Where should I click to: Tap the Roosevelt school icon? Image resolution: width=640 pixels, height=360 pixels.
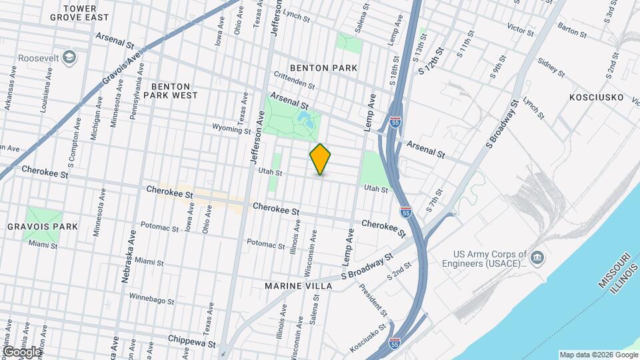point(69,57)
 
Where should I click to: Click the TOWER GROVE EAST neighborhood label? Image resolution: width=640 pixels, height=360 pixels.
point(87,13)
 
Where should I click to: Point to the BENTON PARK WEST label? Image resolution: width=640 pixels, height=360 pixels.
point(175,91)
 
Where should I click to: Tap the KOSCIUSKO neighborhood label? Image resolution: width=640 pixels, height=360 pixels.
point(596,97)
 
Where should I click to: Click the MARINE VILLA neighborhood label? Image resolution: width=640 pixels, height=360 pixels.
point(298,286)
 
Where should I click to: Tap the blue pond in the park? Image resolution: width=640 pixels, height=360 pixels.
point(306,120)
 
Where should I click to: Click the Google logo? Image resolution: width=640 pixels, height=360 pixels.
point(21,351)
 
